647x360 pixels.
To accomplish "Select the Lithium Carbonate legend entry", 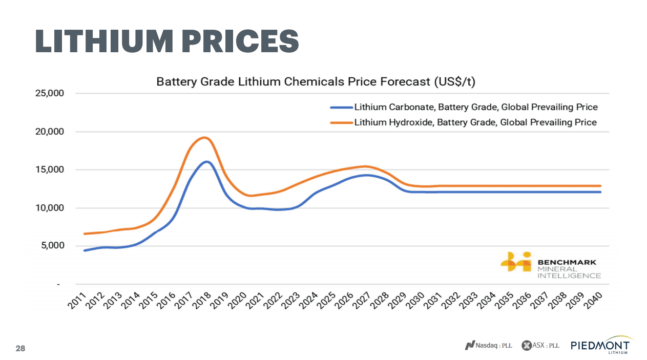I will click(476, 108).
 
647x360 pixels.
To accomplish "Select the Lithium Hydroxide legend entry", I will click(475, 122).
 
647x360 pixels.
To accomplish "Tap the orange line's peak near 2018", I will click(204, 137).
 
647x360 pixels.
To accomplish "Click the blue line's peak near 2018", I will click(206, 162).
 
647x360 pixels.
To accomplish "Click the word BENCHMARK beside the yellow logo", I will click(567, 262).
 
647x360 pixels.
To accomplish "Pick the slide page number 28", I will click(20, 348).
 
